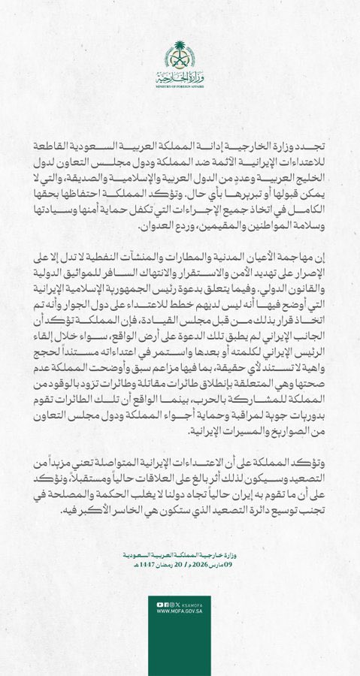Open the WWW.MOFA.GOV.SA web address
coord(180,611)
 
